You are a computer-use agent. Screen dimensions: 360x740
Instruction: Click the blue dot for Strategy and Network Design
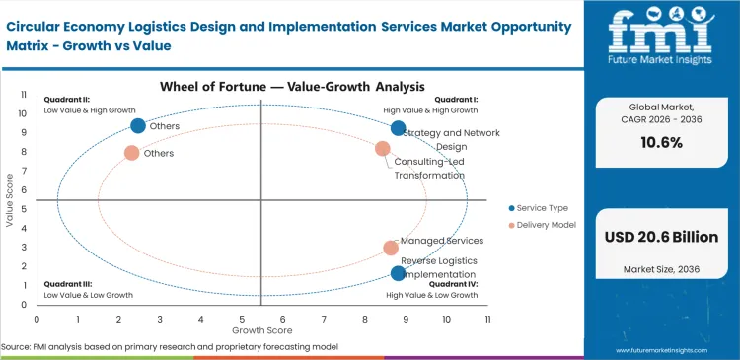tap(398, 128)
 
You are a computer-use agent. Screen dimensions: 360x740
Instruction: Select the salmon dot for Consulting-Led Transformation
tap(383, 149)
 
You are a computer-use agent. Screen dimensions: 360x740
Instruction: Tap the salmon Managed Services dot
tap(391, 248)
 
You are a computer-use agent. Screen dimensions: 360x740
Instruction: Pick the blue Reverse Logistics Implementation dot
tap(398, 274)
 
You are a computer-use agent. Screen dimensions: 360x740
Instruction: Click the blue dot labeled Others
tap(138, 125)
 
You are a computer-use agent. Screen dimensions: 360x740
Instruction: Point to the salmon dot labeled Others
tap(131, 153)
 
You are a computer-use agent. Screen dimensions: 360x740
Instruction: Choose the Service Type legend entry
tap(539, 207)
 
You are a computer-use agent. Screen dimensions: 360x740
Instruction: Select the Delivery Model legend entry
tap(543, 225)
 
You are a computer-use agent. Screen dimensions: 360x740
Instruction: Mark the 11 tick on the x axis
tap(486, 320)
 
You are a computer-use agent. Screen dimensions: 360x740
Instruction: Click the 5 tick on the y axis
tap(24, 209)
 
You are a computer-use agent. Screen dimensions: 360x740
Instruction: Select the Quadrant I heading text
tap(456, 99)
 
